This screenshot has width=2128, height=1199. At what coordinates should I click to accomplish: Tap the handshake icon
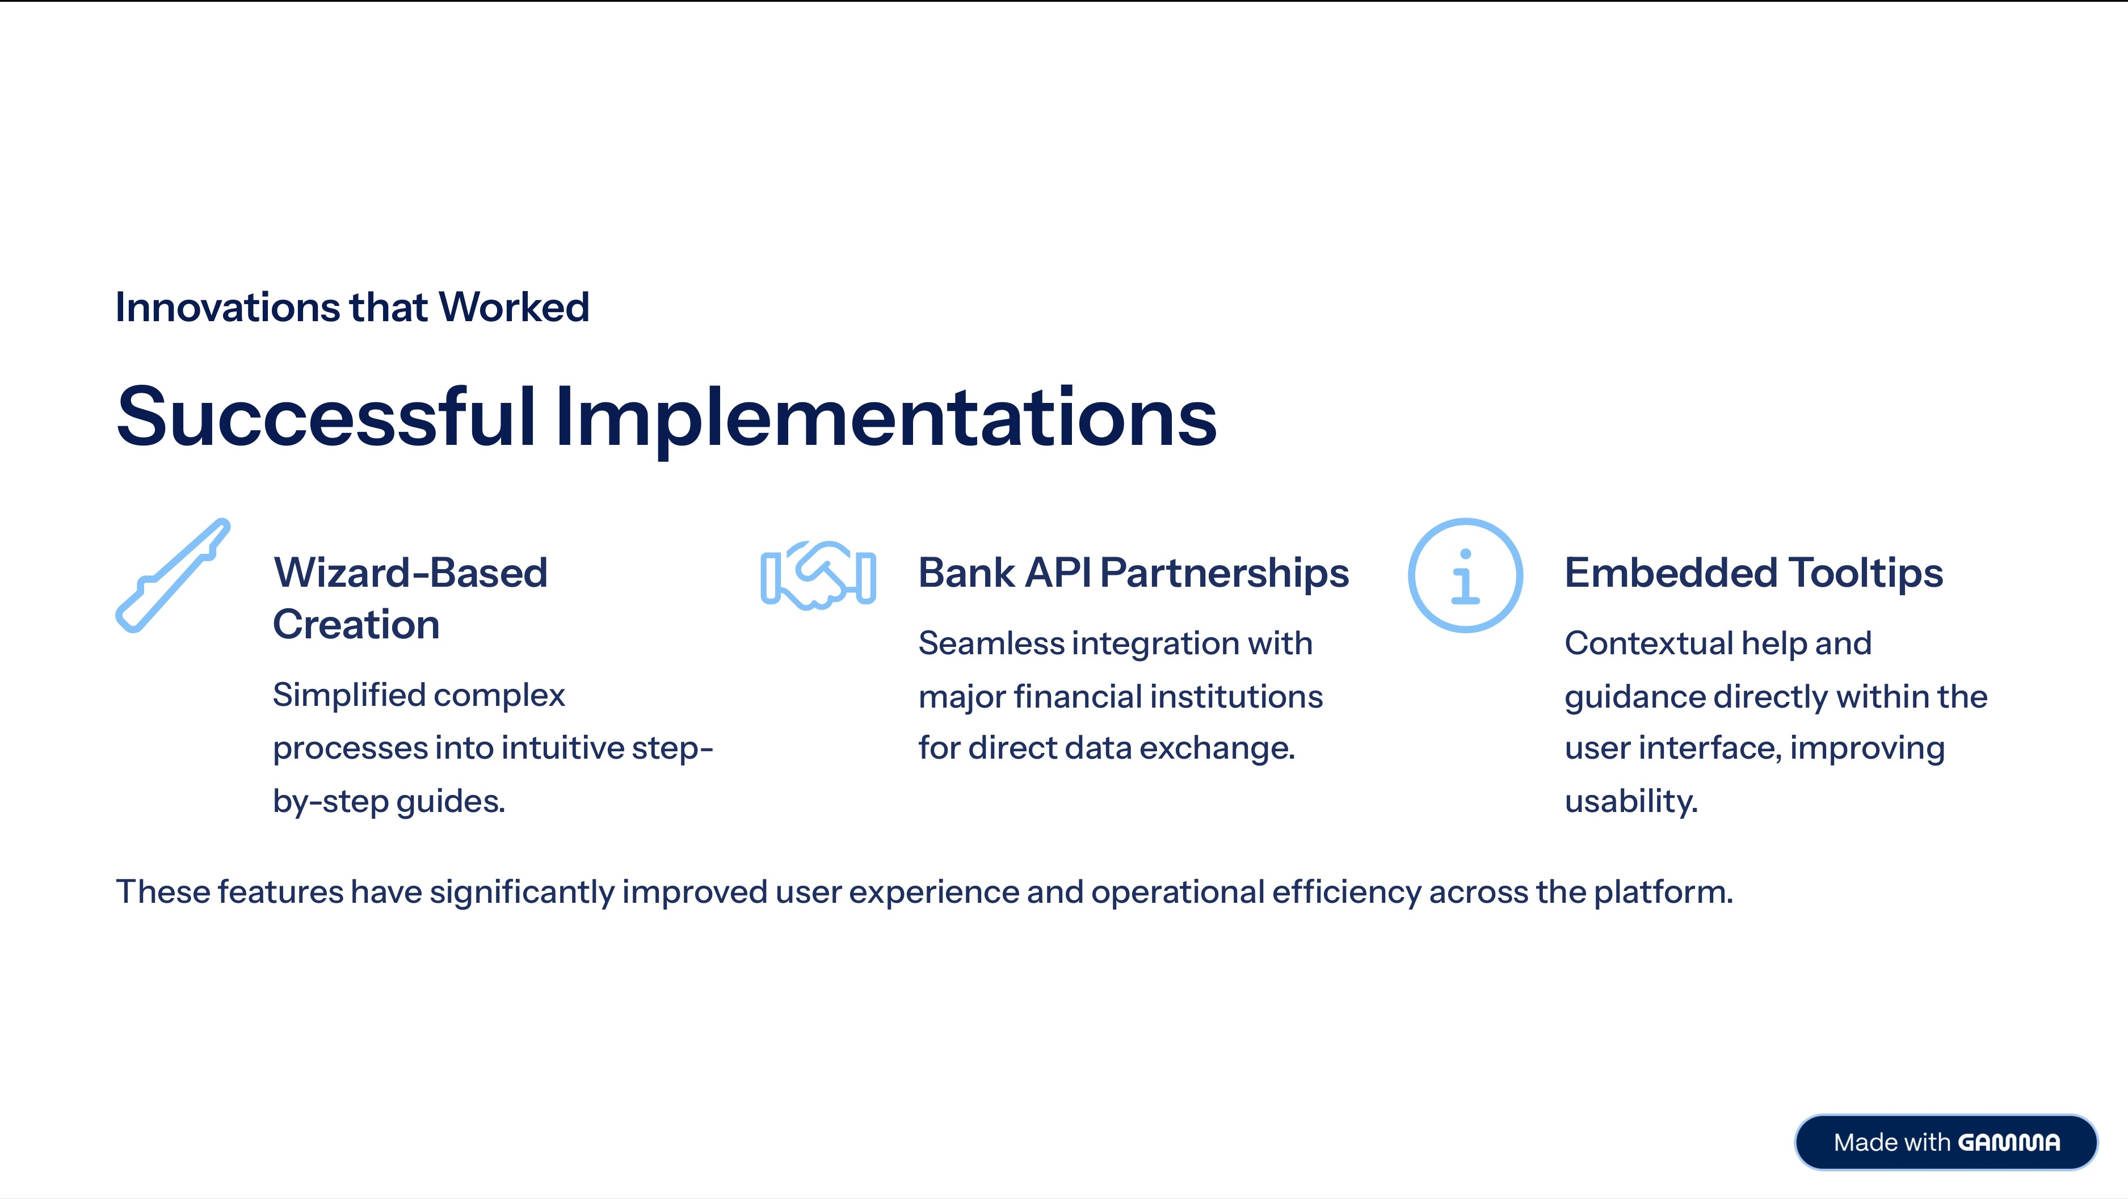point(818,575)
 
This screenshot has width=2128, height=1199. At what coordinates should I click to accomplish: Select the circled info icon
point(1465,575)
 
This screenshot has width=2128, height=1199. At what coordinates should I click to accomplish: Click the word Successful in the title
point(326,417)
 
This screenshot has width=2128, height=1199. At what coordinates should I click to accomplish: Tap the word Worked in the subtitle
point(514,308)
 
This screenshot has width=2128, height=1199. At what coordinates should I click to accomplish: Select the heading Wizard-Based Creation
point(411,598)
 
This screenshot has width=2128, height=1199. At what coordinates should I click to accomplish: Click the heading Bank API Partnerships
point(1133,573)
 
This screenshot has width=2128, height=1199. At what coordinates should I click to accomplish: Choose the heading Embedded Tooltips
point(1753,573)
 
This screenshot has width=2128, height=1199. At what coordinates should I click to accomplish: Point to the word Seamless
point(991,643)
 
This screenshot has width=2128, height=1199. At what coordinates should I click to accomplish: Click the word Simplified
point(348,695)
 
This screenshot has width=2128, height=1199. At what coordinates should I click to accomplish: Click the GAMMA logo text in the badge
point(2009,1143)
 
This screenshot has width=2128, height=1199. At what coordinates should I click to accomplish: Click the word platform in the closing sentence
point(1662,893)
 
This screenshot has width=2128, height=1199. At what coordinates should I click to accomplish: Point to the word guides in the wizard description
point(450,802)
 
